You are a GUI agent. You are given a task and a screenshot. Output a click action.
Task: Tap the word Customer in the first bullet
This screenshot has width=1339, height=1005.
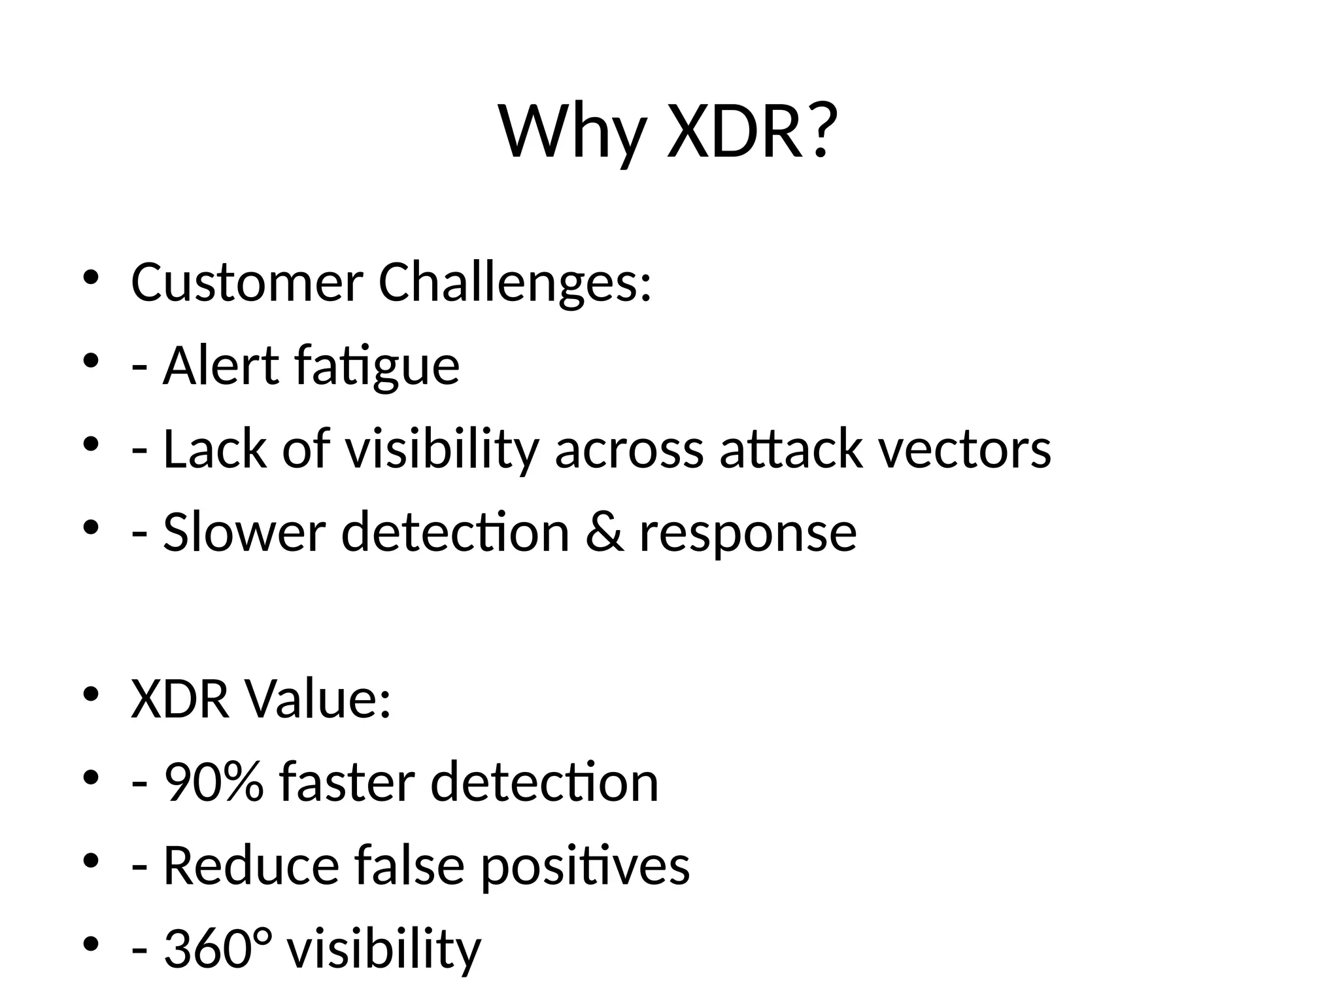tap(246, 283)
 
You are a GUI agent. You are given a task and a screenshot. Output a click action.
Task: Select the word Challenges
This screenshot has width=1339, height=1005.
tap(515, 283)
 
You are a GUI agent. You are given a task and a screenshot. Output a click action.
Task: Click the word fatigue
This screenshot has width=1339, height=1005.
tap(377, 366)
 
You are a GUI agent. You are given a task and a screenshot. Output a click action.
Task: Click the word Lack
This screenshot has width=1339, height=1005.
tap(215, 449)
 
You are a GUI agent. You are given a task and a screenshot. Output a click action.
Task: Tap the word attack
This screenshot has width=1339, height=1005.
tap(791, 449)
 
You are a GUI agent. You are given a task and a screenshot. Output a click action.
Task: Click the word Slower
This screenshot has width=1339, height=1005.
tap(244, 532)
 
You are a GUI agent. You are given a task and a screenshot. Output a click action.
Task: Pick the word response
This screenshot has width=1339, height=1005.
tap(747, 533)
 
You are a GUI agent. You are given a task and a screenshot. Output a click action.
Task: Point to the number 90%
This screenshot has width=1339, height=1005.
tap(214, 782)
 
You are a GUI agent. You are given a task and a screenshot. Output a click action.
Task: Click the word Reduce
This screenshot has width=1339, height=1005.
tap(250, 865)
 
